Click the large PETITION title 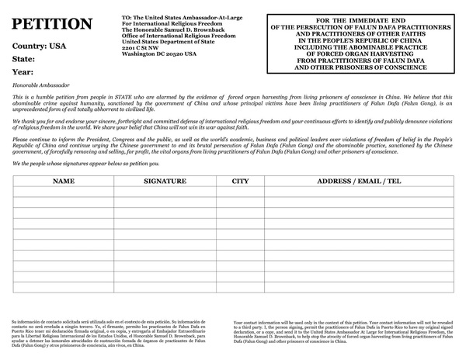pos(51,23)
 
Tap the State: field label pos(24,58)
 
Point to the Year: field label pos(23,71)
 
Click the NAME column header pos(63,181)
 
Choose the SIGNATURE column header pos(165,181)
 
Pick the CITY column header pos(241,181)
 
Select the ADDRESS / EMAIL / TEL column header pos(357,181)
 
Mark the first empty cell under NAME pos(63,192)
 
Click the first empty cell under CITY pos(241,192)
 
